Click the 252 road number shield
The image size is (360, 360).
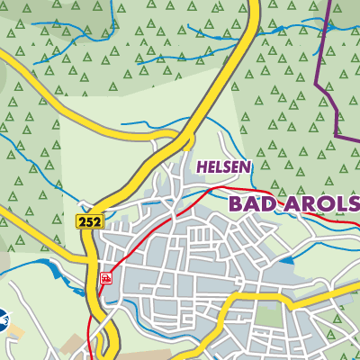point(90,220)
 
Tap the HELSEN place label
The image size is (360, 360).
point(223,167)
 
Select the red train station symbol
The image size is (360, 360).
point(106,279)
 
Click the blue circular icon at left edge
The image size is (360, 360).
point(3,319)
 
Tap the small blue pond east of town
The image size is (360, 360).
point(286,260)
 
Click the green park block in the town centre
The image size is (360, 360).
point(265,314)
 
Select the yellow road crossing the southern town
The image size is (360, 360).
point(270,292)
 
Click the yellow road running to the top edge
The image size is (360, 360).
point(247,36)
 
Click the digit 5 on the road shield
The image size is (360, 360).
point(90,220)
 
